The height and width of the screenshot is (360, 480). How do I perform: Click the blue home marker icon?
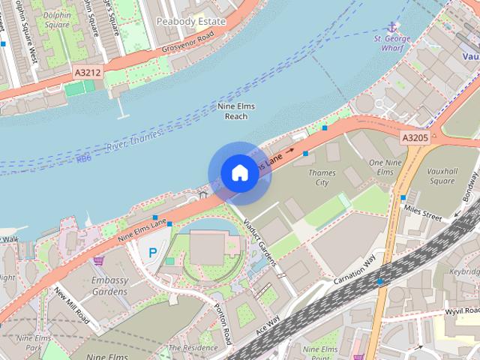pos(238,173)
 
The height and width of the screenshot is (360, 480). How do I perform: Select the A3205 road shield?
pos(415,138)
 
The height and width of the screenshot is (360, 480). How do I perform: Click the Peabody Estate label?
pos(190,21)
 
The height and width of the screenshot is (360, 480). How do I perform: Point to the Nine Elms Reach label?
pos(236,112)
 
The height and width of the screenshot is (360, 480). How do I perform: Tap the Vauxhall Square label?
pos(442,176)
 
